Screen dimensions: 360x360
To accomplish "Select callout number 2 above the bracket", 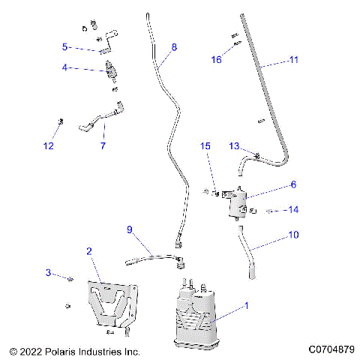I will (x=89, y=251).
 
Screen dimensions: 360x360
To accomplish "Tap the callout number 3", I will (x=49, y=272).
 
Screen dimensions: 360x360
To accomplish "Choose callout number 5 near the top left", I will (x=65, y=46).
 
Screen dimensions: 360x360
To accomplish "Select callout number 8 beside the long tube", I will (x=174, y=47).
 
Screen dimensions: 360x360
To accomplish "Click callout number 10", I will (x=292, y=235).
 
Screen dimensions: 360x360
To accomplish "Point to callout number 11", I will (x=293, y=58).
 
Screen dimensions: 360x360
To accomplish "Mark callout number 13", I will (x=234, y=146).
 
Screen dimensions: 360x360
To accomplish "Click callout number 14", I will (x=292, y=210).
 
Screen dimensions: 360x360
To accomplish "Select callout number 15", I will (x=205, y=146).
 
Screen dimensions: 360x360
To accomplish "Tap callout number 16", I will (x=216, y=58).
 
